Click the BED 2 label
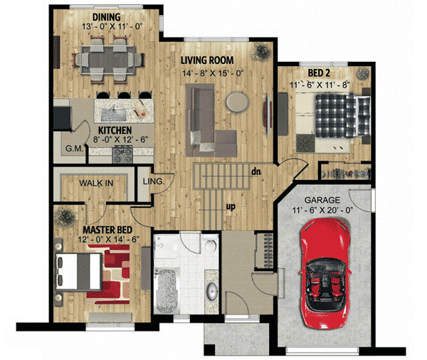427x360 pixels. (x=318, y=73)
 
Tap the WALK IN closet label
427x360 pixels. (x=96, y=183)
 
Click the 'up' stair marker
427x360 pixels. (x=231, y=207)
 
